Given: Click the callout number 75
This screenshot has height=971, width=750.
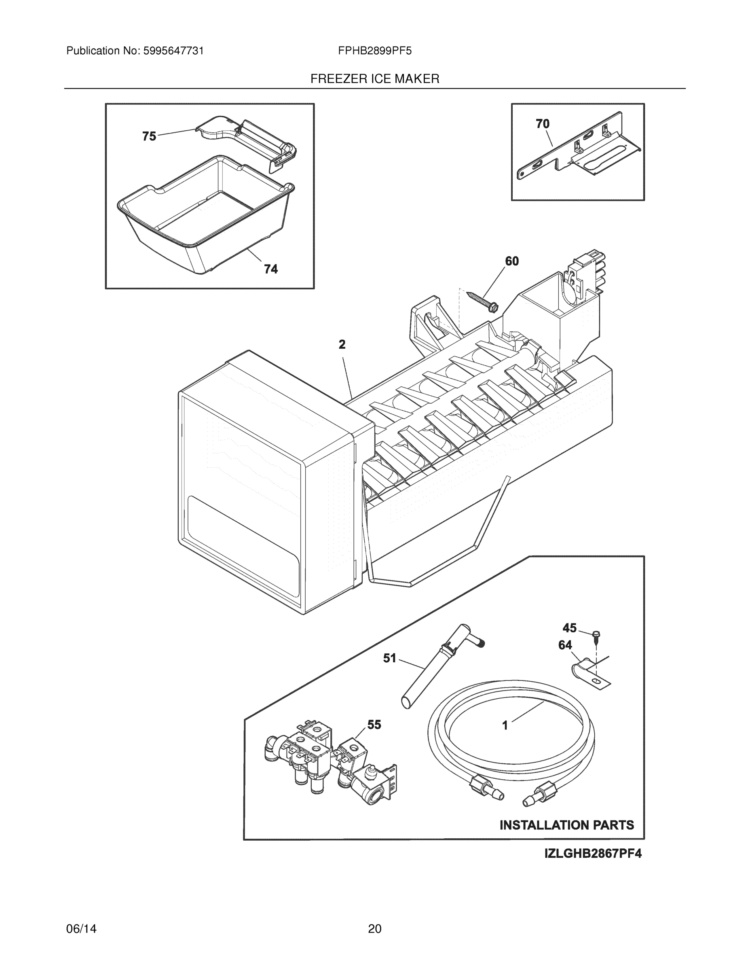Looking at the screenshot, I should (149, 136).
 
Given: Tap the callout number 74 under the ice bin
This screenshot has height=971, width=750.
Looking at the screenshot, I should (270, 269).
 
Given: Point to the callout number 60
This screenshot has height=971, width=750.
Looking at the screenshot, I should (512, 261).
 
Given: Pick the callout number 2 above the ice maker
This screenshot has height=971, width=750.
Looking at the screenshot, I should (342, 344).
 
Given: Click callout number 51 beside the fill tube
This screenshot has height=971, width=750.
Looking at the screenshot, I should (390, 658).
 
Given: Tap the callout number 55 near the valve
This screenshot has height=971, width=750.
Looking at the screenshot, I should (374, 725).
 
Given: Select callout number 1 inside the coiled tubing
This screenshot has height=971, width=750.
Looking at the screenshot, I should (505, 725).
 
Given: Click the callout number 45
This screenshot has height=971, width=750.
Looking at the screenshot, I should (570, 628).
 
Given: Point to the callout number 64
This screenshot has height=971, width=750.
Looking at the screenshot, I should (565, 645).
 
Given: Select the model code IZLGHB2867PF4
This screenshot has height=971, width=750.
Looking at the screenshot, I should (593, 854).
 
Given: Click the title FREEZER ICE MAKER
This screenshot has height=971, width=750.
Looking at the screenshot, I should (374, 79).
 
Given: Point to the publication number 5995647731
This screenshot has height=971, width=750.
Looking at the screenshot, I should (173, 51).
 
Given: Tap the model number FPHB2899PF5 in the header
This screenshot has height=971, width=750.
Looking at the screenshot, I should (374, 51).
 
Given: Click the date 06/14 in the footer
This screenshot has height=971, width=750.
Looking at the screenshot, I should (81, 929).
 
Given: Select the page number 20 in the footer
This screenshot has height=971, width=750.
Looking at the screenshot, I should (374, 929).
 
